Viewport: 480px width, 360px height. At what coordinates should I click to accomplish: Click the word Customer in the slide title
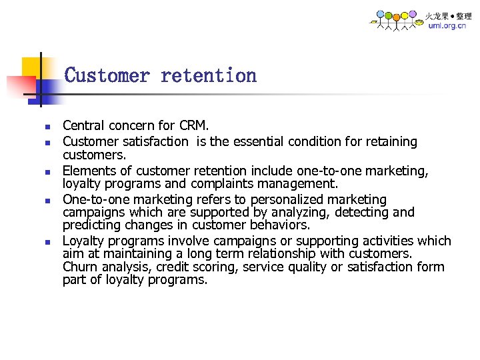pos(107,75)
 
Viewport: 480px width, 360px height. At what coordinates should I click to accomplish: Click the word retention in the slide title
pos(208,75)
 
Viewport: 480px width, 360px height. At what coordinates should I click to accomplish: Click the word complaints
pos(221,183)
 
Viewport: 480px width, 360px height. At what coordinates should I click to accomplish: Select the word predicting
pos(89,225)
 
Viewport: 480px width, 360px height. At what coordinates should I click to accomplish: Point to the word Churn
pos(79,267)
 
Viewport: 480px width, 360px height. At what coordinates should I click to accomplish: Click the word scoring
pos(217,267)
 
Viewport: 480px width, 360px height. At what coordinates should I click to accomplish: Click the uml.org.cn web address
pos(447,26)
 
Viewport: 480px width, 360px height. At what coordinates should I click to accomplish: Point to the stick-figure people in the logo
pos(396,20)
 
